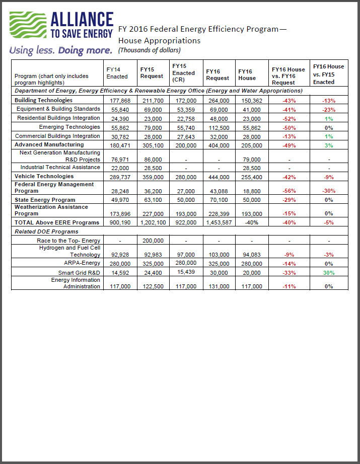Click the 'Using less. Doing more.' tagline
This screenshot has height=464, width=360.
pos(61,51)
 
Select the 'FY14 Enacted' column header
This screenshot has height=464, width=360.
pos(117,73)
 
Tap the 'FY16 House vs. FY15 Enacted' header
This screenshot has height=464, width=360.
pos(328,73)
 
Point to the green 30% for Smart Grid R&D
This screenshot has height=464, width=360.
pos(329,273)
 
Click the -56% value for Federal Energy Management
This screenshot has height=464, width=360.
pos(289,191)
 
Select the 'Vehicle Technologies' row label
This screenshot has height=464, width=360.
pos(44,177)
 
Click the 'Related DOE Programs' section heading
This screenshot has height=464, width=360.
pos(46,231)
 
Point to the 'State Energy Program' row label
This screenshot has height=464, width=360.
pos(45,200)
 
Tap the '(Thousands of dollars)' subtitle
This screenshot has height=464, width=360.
pos(149,50)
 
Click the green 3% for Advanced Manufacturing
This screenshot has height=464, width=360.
pos(329,145)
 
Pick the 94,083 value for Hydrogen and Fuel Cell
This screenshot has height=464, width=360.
pos(250,255)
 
